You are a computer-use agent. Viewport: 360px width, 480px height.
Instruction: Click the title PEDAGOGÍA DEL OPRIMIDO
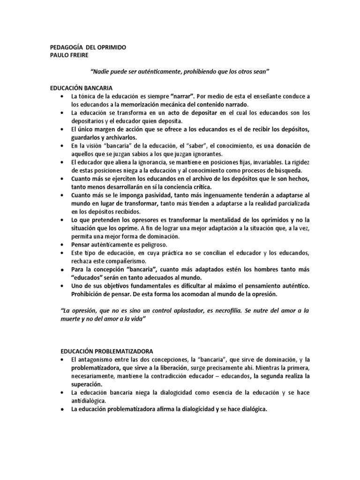click(88, 48)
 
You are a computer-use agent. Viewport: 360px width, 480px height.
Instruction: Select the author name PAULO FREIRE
click(68, 55)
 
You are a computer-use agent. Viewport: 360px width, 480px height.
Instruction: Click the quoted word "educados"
click(88, 277)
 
